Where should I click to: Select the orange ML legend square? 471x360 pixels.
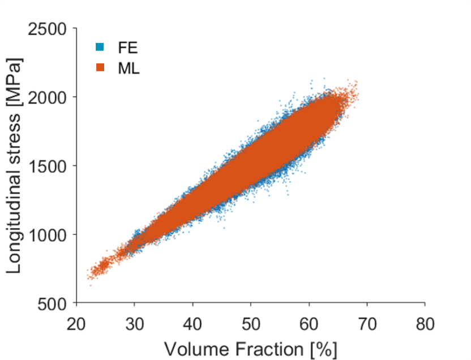coord(100,68)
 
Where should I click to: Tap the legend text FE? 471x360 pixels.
coord(127,47)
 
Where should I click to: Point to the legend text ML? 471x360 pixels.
coord(129,68)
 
